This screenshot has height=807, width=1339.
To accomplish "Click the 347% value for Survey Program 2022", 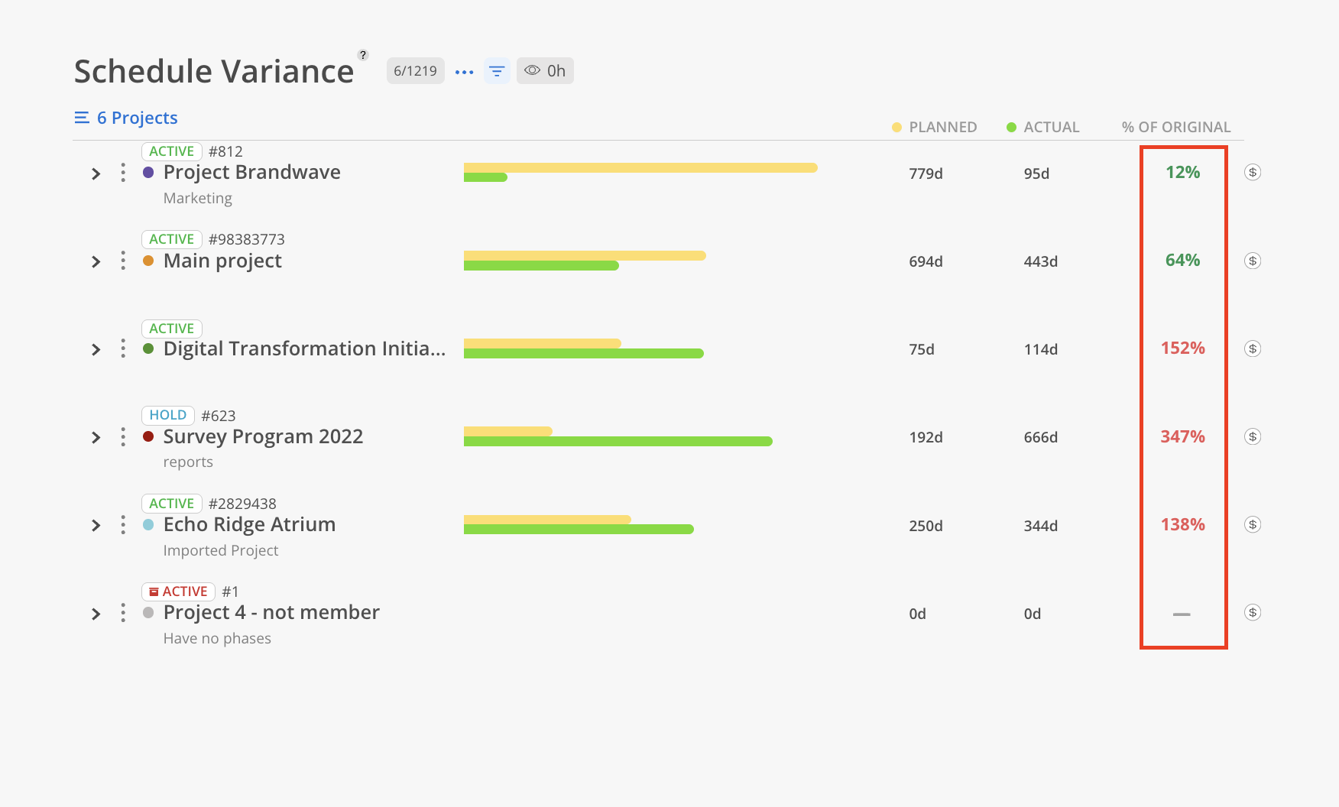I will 1182,436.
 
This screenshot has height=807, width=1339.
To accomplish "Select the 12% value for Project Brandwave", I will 1182,173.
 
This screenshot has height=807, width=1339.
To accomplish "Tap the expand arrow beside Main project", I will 96,261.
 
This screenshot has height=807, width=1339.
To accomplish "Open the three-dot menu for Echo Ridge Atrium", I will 123,525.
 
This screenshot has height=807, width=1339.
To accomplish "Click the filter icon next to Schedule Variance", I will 497,71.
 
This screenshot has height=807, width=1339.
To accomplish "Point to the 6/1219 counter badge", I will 415,71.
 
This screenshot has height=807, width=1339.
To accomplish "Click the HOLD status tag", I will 168,415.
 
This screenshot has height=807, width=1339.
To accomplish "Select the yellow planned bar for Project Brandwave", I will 640,167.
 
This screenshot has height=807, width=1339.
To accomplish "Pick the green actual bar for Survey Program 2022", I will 618,441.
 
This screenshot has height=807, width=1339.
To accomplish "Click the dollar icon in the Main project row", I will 1252,261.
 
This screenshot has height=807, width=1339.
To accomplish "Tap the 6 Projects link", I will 126,118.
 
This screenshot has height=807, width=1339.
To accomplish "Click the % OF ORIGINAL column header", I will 1175,127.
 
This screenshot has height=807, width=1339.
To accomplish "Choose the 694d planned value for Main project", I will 926,261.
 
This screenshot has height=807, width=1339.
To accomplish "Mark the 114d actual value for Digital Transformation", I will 1040,349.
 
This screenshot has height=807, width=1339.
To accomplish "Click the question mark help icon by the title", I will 363,55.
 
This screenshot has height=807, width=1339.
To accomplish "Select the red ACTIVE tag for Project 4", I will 178,591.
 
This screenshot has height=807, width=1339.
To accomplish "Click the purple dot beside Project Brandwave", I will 148,173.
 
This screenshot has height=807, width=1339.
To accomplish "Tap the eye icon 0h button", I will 545,71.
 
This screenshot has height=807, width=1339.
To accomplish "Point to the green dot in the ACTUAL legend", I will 1011,128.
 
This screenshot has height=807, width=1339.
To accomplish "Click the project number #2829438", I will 242,504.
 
